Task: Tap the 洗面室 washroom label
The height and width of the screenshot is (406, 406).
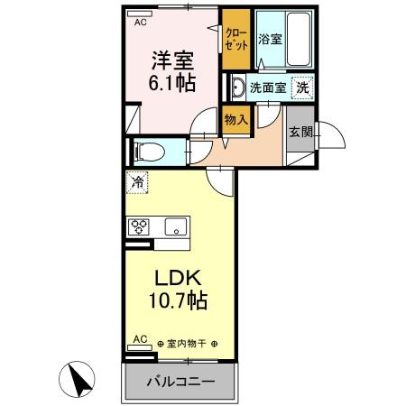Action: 268,88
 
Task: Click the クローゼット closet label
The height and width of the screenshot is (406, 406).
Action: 236,38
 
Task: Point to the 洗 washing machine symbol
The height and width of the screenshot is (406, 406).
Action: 305,88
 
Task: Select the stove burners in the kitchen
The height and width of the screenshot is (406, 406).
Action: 140,227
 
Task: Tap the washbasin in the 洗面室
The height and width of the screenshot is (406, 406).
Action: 237,88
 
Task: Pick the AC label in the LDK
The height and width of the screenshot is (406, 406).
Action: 140,338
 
